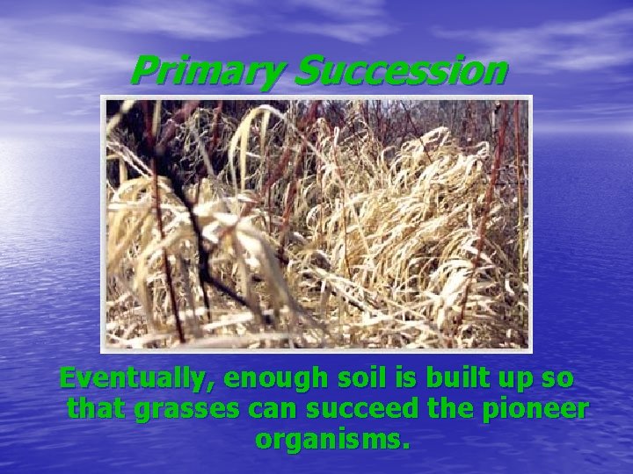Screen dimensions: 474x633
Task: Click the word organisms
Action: pos(329,439)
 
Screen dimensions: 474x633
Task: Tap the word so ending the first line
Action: pos(561,379)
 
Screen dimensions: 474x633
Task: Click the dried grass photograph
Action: pos(316,223)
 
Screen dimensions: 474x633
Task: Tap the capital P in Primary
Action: pos(146,71)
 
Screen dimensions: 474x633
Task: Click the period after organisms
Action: pos(405,445)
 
